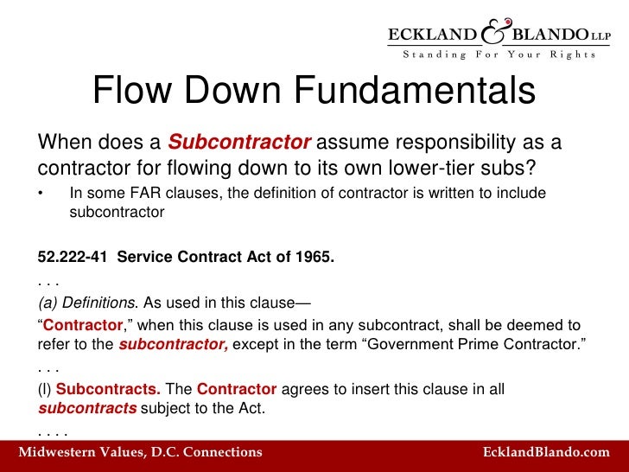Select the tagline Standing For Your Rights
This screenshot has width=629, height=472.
(x=499, y=54)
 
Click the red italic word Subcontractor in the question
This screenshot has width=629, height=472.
(x=239, y=141)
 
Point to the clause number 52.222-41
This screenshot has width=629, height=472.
(x=73, y=257)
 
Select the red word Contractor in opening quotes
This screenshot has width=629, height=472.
(x=84, y=325)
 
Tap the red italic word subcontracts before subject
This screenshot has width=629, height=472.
(x=87, y=408)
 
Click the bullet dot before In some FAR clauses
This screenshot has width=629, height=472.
(x=41, y=193)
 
